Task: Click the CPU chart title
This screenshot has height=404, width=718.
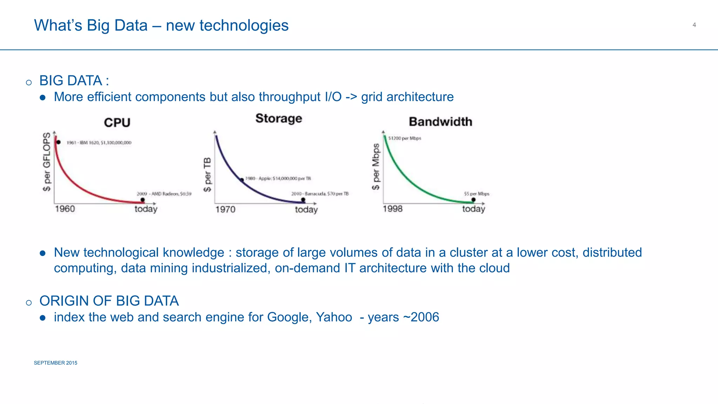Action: (117, 122)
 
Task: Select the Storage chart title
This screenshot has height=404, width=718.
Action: (279, 119)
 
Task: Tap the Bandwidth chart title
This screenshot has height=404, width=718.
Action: (440, 122)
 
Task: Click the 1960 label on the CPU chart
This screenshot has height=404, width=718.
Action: (65, 209)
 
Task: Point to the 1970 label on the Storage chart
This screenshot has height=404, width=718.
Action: (225, 209)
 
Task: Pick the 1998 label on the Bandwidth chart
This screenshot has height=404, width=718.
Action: (392, 209)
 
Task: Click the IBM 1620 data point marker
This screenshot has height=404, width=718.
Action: (59, 142)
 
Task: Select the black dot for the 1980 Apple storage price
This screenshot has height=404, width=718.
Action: (242, 180)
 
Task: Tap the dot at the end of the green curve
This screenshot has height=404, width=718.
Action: (473, 200)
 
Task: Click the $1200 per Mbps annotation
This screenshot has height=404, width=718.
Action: (405, 138)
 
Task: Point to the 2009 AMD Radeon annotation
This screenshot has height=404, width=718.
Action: (164, 194)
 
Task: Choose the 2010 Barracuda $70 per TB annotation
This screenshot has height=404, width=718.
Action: (320, 194)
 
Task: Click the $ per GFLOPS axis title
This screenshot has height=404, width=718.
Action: (47, 162)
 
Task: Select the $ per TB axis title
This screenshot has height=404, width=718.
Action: (207, 175)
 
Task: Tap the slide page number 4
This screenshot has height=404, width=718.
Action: (694, 25)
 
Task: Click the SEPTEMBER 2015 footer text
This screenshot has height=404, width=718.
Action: (55, 363)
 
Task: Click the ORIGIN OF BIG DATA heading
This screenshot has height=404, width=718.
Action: (109, 301)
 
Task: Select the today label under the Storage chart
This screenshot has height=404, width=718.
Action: (306, 210)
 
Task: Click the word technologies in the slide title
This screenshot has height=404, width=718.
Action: (244, 25)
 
